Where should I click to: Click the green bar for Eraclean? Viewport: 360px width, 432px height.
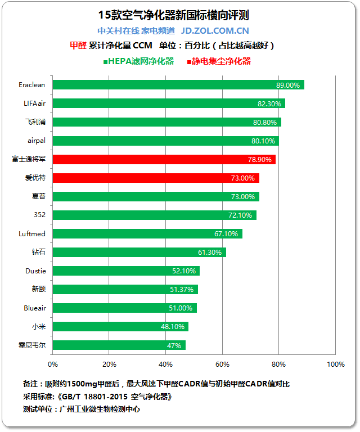point(178,85)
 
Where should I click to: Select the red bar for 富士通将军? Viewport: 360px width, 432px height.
point(164,159)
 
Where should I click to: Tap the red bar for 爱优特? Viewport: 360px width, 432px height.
point(156,178)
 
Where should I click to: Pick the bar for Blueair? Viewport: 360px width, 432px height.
point(125,308)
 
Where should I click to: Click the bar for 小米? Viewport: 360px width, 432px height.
point(120,327)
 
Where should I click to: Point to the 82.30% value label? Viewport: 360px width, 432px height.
point(269,103)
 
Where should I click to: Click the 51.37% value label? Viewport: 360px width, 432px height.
point(182,290)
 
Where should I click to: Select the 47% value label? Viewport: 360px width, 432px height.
point(174,345)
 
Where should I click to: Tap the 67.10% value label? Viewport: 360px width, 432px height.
point(226,233)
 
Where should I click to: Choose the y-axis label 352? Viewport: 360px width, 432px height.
point(40,215)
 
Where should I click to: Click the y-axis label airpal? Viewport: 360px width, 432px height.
point(37,141)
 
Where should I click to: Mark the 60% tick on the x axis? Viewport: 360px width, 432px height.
point(223,364)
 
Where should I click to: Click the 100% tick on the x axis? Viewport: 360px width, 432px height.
point(335,364)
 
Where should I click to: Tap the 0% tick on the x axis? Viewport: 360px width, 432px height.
point(53,364)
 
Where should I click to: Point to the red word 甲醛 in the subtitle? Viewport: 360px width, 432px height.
point(78,45)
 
